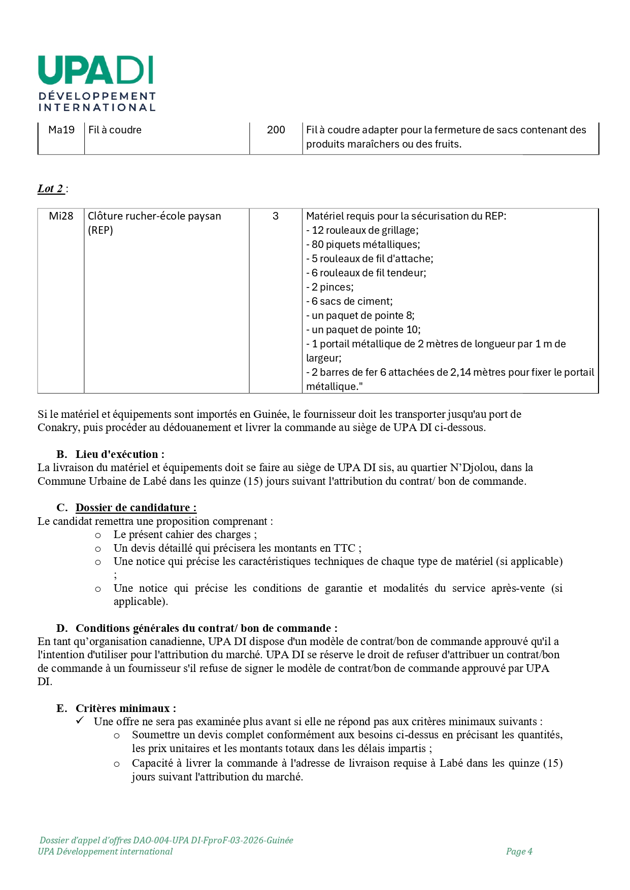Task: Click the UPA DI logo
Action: tap(96, 83)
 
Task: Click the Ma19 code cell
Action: tap(61, 130)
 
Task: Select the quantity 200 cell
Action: tap(276, 130)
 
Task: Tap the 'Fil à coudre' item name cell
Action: tap(115, 130)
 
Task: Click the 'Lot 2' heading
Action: tap(51, 189)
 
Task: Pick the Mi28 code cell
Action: tap(61, 216)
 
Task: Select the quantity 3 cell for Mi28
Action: tap(276, 216)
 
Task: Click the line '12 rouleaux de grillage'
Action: tap(362, 230)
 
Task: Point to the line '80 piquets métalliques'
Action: tap(363, 244)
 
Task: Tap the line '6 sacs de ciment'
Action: tap(349, 301)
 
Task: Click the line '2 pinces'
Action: tap(330, 287)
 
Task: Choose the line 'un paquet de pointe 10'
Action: tap(363, 330)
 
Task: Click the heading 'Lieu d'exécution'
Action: tap(120, 454)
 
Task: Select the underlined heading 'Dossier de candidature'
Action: tap(136, 508)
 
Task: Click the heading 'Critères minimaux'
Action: tap(126, 708)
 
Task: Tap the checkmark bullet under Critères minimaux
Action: tap(80, 721)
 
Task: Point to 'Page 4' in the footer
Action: tap(519, 851)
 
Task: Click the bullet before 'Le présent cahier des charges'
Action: tap(98, 535)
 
